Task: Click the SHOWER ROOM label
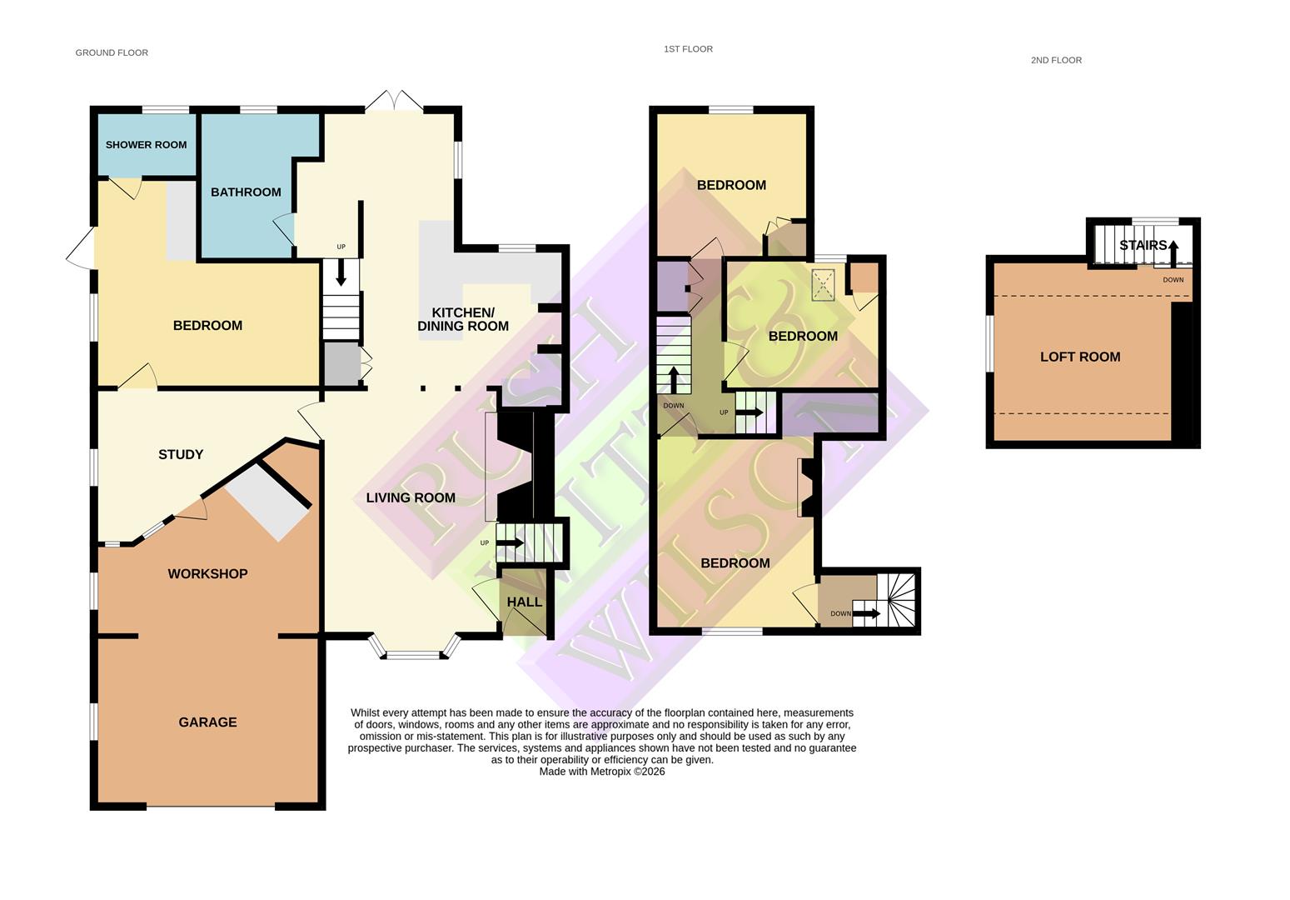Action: [146, 145]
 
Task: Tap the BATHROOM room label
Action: [246, 192]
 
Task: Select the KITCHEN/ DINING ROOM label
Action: [463, 320]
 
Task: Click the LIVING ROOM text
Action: [411, 498]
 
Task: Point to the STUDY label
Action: [181, 455]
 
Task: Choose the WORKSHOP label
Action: [207, 574]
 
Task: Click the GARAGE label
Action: [207, 722]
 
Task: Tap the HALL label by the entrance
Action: [525, 602]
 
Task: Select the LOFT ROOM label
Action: [1080, 357]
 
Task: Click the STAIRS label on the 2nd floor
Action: [1143, 246]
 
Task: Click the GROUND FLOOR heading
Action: [112, 52]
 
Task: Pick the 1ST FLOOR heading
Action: [688, 49]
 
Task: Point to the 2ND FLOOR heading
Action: [1056, 60]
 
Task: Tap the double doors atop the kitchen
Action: [394, 101]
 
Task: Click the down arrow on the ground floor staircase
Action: [341, 272]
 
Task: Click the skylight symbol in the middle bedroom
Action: [824, 285]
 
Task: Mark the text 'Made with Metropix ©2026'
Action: [602, 772]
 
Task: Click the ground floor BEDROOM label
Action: [207, 326]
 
